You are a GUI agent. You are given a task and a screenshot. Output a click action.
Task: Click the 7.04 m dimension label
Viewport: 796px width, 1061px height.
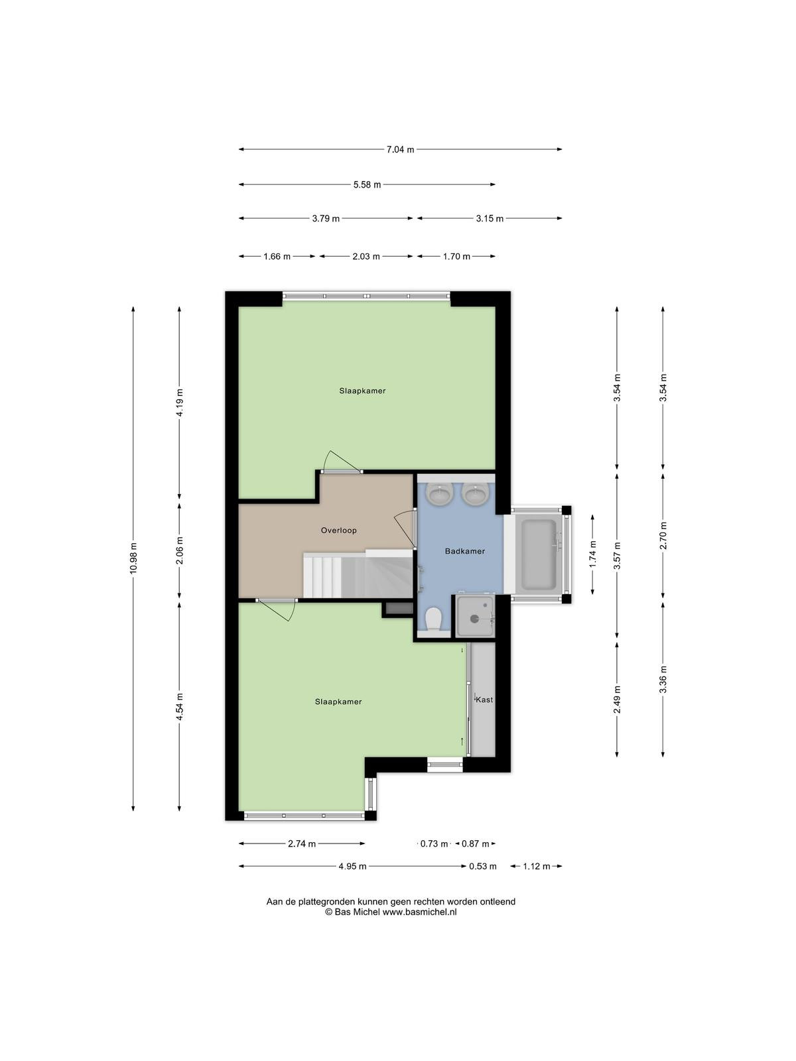coord(400,149)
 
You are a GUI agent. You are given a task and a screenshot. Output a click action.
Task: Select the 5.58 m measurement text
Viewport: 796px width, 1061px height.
coord(367,184)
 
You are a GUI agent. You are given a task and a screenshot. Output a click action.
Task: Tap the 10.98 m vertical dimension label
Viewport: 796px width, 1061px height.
coord(133,558)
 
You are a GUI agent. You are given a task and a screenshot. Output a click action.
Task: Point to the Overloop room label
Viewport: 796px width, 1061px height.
coord(339,530)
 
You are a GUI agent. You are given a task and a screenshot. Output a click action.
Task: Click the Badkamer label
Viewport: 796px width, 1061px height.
coord(464,551)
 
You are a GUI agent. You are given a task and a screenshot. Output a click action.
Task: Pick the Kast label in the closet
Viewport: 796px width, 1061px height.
coord(484,700)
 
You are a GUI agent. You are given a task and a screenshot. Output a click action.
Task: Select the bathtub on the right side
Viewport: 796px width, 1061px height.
coord(539,555)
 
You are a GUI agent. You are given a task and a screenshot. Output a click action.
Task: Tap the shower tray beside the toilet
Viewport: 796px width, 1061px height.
coord(476,616)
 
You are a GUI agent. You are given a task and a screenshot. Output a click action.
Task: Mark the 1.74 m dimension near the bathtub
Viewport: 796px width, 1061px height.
coord(593,554)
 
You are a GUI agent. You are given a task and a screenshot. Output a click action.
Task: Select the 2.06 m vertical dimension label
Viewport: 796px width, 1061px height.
coord(179,550)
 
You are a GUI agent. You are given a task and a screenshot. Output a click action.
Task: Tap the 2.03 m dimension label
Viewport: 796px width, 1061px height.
coord(366,256)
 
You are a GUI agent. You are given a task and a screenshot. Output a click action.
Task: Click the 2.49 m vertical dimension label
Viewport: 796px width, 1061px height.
coord(617,700)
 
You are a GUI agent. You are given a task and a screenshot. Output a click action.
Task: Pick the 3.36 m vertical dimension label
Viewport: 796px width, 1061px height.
coord(663,679)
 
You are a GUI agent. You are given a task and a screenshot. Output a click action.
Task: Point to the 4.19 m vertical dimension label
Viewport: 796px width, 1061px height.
coord(179,403)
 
